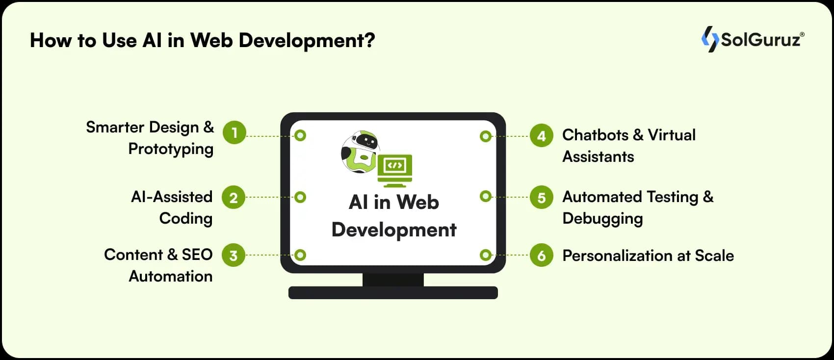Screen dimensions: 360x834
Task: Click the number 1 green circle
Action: click(x=235, y=132)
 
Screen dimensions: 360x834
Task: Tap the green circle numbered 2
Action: click(x=234, y=198)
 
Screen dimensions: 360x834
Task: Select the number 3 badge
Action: click(x=234, y=255)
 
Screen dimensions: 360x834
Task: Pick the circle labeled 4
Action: click(x=542, y=135)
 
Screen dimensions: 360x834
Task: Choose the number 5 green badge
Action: click(x=542, y=197)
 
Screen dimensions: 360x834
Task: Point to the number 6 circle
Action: click(x=542, y=256)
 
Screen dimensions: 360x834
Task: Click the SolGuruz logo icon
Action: click(x=709, y=39)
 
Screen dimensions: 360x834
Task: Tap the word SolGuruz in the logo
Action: click(x=760, y=39)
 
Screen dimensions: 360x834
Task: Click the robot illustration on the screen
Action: click(x=360, y=152)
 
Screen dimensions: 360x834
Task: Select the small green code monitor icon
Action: click(x=395, y=170)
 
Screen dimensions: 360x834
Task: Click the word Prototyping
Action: click(x=171, y=149)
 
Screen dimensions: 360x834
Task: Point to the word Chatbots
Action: click(x=595, y=135)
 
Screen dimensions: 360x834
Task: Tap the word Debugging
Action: click(x=602, y=219)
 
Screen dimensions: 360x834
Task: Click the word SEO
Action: click(x=197, y=255)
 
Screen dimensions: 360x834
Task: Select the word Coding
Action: click(x=186, y=218)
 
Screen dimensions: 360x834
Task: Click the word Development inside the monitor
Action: click(x=394, y=230)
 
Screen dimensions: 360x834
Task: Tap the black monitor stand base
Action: click(x=393, y=293)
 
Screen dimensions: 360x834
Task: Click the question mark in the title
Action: click(x=369, y=40)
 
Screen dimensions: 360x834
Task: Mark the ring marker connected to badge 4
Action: click(x=486, y=136)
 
